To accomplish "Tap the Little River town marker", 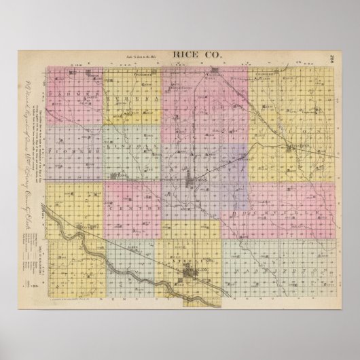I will (292, 146).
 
